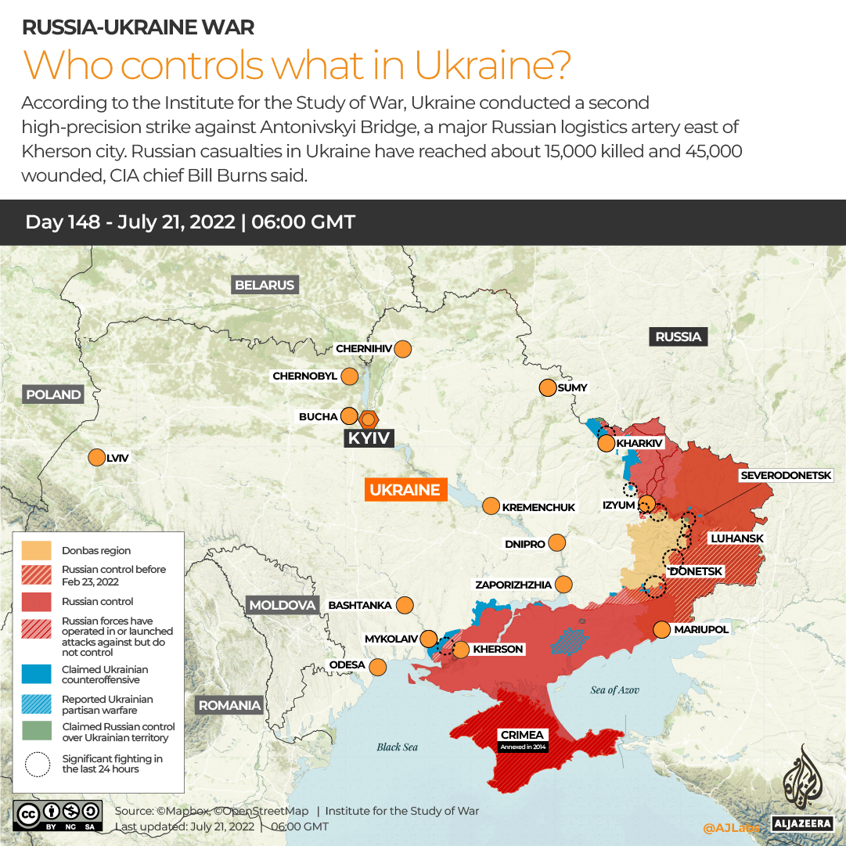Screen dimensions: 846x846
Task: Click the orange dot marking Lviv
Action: [97, 458]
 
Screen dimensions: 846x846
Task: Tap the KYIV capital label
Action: [369, 438]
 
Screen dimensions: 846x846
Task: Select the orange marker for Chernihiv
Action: [403, 349]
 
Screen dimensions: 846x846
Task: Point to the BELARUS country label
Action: [265, 285]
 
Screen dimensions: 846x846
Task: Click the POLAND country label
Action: [53, 394]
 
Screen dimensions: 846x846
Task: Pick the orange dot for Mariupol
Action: [661, 629]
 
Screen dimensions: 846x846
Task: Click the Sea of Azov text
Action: [615, 689]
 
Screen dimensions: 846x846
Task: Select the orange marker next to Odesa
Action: [378, 667]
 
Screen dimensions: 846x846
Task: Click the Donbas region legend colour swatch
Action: [36, 550]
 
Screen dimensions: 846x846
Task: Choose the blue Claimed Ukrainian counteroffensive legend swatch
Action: [36, 674]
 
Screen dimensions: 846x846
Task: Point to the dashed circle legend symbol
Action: [36, 764]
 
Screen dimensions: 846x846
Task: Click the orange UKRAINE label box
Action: [405, 490]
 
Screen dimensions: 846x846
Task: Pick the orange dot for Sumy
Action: [547, 387]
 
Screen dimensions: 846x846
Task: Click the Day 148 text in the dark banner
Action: [63, 221]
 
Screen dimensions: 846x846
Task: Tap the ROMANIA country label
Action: [229, 705]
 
